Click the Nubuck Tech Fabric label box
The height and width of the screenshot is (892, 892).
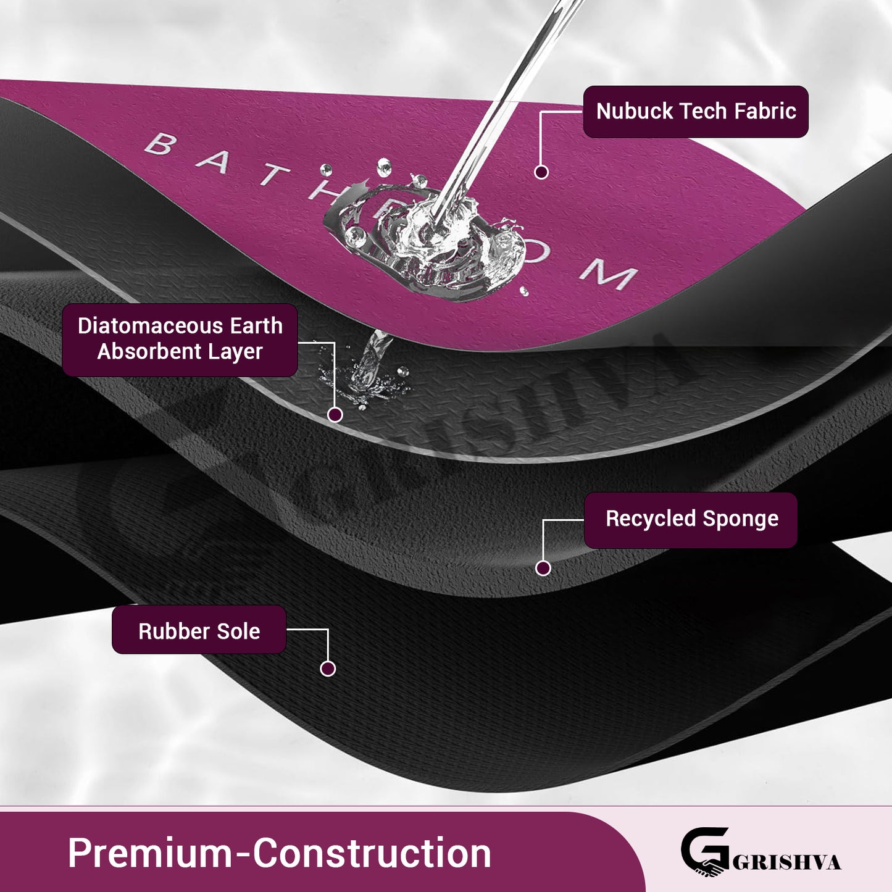[x=696, y=112]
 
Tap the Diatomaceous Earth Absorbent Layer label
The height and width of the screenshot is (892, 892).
[x=180, y=339]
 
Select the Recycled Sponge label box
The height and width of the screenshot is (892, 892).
[x=691, y=520]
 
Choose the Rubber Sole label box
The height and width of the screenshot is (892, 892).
[x=199, y=630]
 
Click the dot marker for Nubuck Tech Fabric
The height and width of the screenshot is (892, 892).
[x=541, y=172]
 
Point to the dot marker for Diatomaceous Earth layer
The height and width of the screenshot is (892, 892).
[x=335, y=415]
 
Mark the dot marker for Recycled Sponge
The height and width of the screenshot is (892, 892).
[x=543, y=568]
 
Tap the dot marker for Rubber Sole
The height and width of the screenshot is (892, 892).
[x=328, y=669]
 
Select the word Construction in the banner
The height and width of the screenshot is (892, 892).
[x=372, y=854]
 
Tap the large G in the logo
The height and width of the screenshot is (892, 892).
[x=704, y=851]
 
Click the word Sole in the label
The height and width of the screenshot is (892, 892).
[x=240, y=631]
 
